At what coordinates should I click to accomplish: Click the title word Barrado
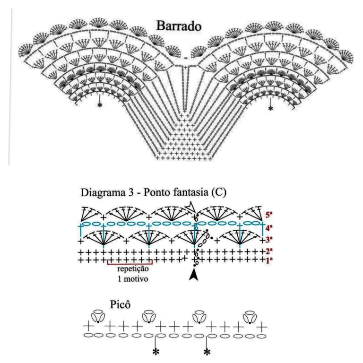(x=179, y=26)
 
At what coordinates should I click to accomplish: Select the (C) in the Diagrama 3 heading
(x=218, y=193)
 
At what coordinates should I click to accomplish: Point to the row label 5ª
(x=269, y=215)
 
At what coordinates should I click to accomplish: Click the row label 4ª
(x=269, y=228)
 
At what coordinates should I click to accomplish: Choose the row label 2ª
(x=269, y=251)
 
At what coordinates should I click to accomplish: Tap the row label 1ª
(x=269, y=260)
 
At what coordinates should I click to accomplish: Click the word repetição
(x=133, y=269)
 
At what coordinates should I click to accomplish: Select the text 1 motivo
(x=133, y=279)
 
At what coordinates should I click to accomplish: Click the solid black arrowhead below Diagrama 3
(x=193, y=275)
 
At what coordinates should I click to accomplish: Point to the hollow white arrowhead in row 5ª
(x=191, y=207)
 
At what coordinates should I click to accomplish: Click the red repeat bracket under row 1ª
(x=130, y=264)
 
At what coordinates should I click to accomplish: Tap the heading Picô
(x=120, y=304)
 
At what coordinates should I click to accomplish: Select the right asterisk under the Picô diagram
(x=207, y=352)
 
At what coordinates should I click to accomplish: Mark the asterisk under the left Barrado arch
(x=100, y=105)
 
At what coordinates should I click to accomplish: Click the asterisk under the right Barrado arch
(x=270, y=108)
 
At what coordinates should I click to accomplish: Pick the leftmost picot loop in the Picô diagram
(x=98, y=316)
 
